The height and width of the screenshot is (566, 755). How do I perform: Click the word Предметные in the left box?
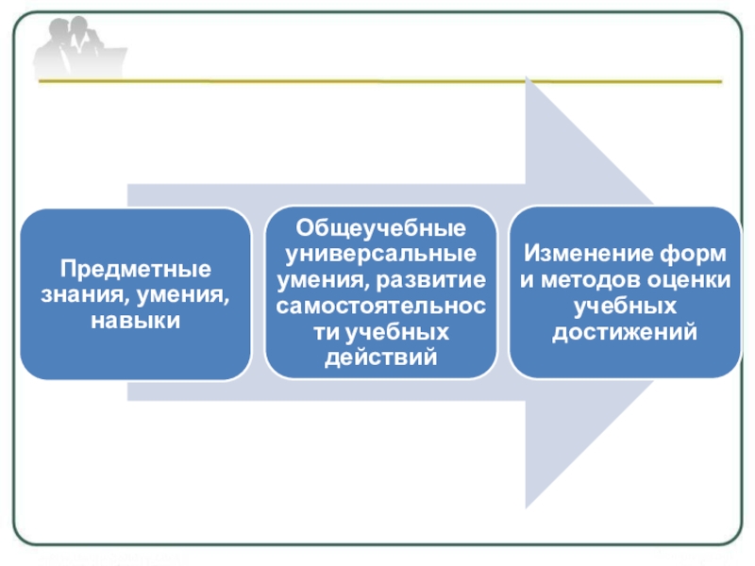(137, 268)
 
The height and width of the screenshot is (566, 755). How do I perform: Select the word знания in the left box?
(82, 294)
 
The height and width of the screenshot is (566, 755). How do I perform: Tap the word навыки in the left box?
(136, 321)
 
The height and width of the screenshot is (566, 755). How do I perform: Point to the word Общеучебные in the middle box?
(380, 229)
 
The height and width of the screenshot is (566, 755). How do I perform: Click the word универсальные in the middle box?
(380, 255)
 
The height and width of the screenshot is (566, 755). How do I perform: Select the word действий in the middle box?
(380, 358)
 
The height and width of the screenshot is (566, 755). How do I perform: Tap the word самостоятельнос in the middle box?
(380, 307)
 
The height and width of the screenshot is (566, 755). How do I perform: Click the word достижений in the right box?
(625, 333)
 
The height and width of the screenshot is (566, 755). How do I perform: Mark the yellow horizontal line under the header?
(377, 82)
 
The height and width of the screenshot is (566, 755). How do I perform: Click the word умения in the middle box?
(316, 281)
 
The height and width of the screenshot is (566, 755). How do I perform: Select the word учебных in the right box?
(625, 307)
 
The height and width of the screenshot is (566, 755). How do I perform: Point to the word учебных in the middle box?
(393, 333)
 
